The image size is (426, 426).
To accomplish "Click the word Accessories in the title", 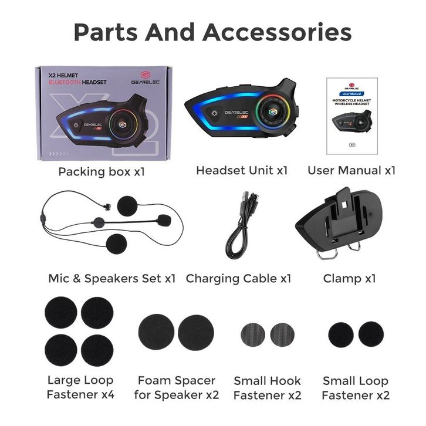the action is point(277,32).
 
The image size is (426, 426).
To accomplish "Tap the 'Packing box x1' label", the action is point(101,172).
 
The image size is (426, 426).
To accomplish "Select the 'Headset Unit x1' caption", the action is point(242,170).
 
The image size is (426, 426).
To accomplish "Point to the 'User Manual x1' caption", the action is point(351,170).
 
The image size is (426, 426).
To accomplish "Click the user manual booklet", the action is point(351,117).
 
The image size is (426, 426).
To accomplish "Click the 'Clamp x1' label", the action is point(349,278).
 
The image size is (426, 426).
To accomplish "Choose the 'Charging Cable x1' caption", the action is point(238,279).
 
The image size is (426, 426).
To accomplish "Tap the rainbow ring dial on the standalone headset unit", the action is point(273,111).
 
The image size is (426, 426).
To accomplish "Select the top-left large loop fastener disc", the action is point(61,312).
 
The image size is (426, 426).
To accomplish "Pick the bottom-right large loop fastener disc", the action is point(97,350).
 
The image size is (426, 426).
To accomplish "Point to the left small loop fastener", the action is point(340,334).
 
